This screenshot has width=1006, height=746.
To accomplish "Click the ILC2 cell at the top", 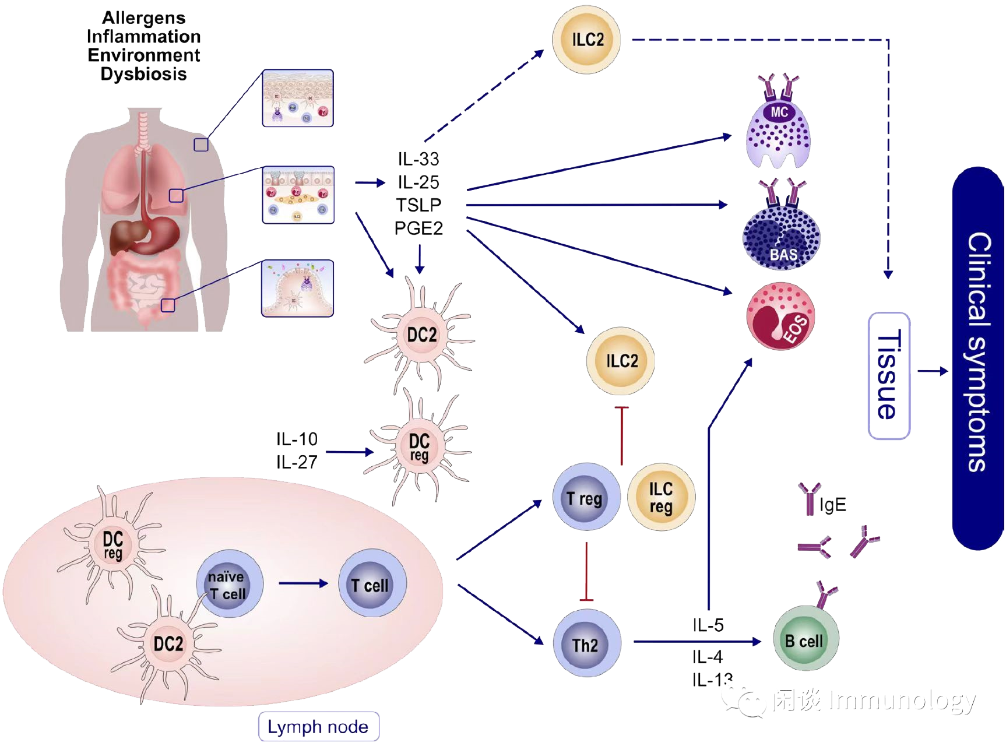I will pyautogui.click(x=586, y=40).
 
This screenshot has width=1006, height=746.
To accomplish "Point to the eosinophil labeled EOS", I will pyautogui.click(x=780, y=316).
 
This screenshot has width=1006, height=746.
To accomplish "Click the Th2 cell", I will pyautogui.click(x=586, y=643).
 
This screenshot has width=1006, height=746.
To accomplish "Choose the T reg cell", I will pyautogui.click(x=585, y=497).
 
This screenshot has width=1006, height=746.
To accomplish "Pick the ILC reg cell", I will pyautogui.click(x=661, y=497).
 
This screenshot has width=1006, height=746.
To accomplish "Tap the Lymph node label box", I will pyautogui.click(x=318, y=727).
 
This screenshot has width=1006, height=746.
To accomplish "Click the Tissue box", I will pyautogui.click(x=888, y=375).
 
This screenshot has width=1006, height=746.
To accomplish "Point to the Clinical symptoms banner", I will pyautogui.click(x=978, y=358).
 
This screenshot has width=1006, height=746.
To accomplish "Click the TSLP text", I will pyautogui.click(x=418, y=205).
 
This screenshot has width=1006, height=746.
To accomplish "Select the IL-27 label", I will pyautogui.click(x=297, y=463).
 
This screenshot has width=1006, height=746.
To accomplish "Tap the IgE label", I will pyautogui.click(x=832, y=505).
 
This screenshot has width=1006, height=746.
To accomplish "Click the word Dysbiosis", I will pyautogui.click(x=143, y=74).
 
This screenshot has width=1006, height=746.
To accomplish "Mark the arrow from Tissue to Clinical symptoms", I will pyautogui.click(x=932, y=371).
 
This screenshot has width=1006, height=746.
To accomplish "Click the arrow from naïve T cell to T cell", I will pyautogui.click(x=303, y=583).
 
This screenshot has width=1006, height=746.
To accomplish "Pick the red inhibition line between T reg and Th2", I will pyautogui.click(x=586, y=571).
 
